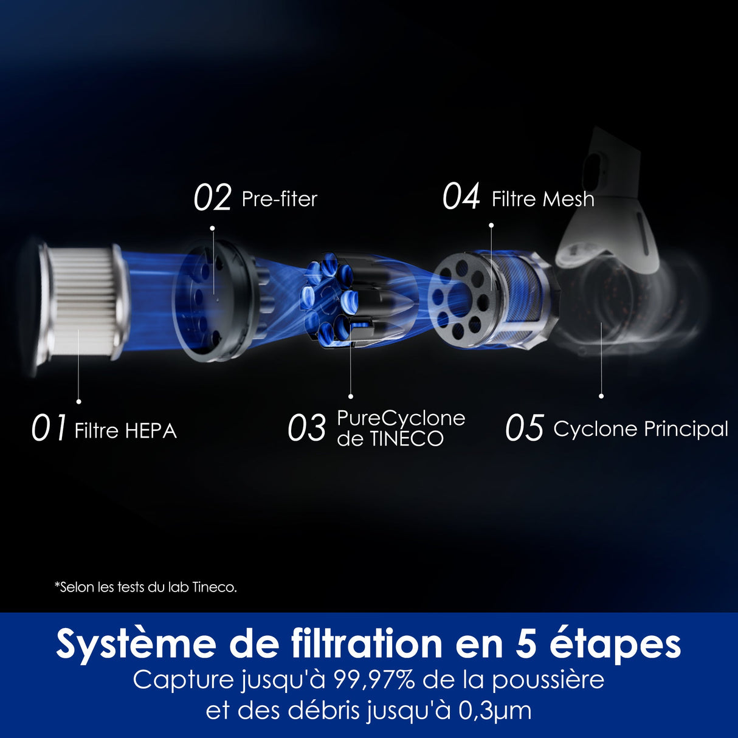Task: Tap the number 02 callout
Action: pos(212,198)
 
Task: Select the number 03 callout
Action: pos(306,428)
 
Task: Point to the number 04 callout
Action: pos(461,197)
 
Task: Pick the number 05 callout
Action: pos(523,428)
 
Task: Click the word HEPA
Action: pos(151,431)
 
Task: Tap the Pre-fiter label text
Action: pos(280,199)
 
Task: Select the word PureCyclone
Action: pos(401,418)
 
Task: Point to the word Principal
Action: pos(686,429)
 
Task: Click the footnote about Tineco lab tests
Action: pos(145,587)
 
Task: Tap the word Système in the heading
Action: pos(136,644)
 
